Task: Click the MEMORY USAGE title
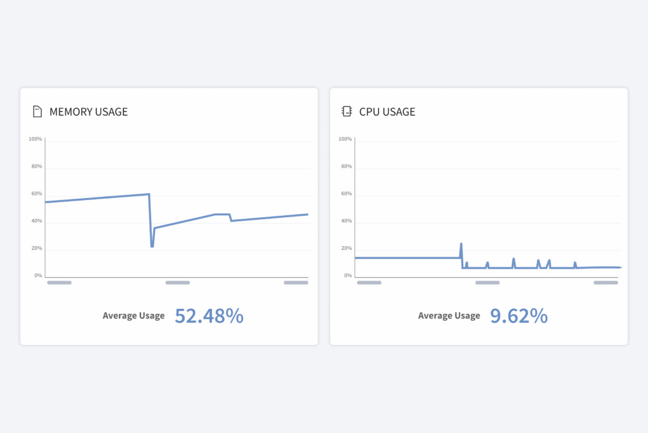pos(89,112)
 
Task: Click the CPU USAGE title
pos(387,112)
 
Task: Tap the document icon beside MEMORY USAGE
pos(37,112)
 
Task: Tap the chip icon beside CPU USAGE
pos(346,112)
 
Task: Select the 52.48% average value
pos(209,316)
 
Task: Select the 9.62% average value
pos(519,316)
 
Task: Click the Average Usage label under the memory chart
pos(134,316)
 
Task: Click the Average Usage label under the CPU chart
pos(449,316)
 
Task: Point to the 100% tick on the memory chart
pos(35,139)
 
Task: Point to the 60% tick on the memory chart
pos(37,194)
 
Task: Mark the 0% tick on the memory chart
pos(38,276)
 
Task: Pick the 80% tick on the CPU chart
pos(346,166)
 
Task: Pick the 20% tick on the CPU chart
pos(346,248)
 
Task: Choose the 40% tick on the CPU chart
pos(346,222)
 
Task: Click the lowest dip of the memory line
pos(152,246)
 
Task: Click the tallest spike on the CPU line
pos(461,244)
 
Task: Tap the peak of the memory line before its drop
pos(149,194)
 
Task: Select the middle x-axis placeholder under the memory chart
pos(178,283)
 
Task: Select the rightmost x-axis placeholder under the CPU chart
pos(606,283)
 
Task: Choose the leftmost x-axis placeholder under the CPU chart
pos(369,283)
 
